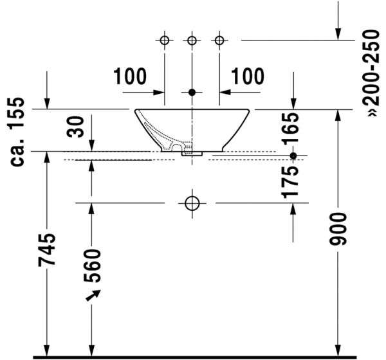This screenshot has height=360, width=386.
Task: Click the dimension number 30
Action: [77, 126]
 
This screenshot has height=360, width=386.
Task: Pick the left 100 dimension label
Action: [131, 76]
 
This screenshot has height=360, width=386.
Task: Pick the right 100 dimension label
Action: [248, 76]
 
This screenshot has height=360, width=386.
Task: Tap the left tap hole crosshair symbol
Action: [164, 40]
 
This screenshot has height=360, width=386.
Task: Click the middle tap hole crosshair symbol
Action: [192, 40]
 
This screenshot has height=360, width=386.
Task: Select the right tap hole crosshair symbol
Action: [219, 40]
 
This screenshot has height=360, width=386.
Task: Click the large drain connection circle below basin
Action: [192, 203]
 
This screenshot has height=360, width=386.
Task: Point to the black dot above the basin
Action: [192, 92]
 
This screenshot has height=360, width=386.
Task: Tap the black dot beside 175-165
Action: [293, 156]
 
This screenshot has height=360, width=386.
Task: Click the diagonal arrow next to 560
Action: [94, 295]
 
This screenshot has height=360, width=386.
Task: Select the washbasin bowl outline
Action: [192, 129]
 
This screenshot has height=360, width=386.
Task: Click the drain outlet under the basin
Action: [192, 154]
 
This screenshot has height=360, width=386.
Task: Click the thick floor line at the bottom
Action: [193, 356]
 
